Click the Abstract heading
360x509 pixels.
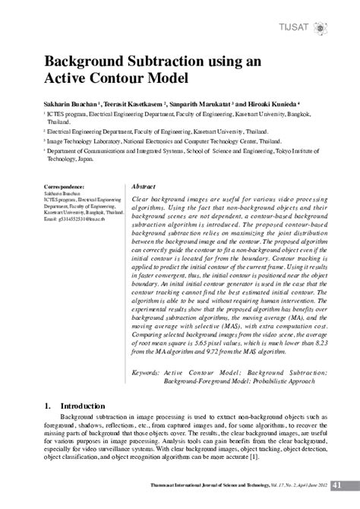(x=144, y=186)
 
